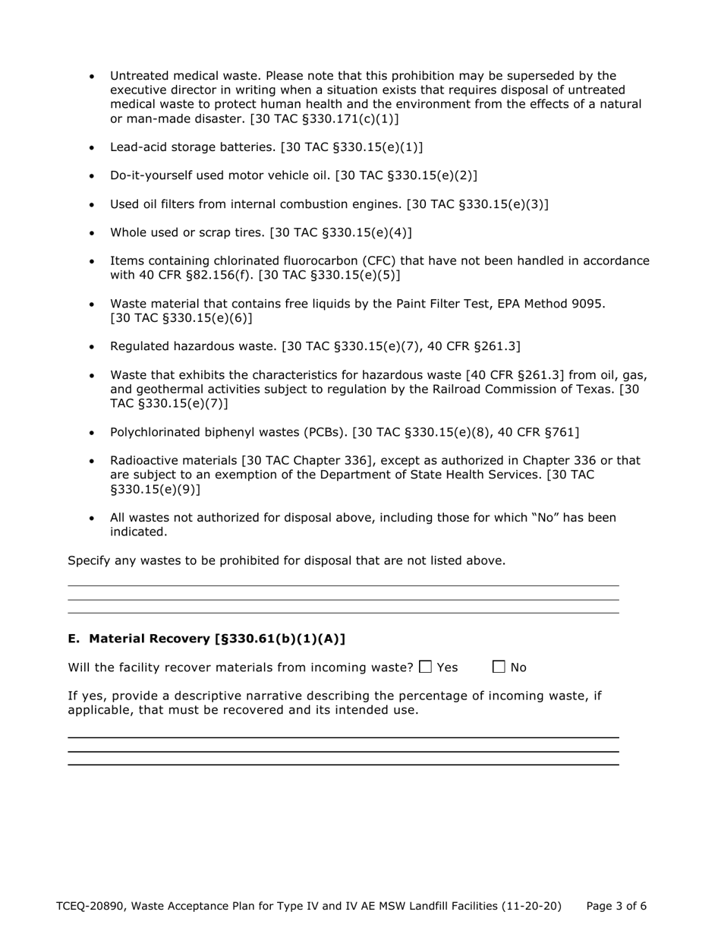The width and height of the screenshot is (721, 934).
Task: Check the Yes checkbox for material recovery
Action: coord(425,667)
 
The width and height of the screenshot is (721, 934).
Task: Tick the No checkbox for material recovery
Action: coord(499,667)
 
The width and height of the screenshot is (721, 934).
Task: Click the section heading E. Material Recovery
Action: coord(206,639)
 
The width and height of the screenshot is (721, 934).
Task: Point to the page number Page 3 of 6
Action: coord(616,906)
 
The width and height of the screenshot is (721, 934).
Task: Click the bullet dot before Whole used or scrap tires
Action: coord(93,233)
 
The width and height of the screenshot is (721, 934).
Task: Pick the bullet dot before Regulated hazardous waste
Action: coord(93,347)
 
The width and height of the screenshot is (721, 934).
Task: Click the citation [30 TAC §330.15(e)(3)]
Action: coord(477,204)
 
